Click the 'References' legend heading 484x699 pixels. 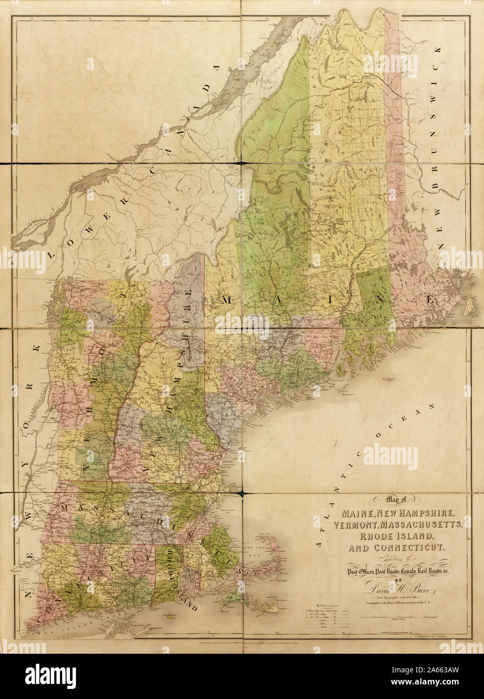click(x=327, y=606)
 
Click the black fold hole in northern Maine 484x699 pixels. click(x=242, y=162)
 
